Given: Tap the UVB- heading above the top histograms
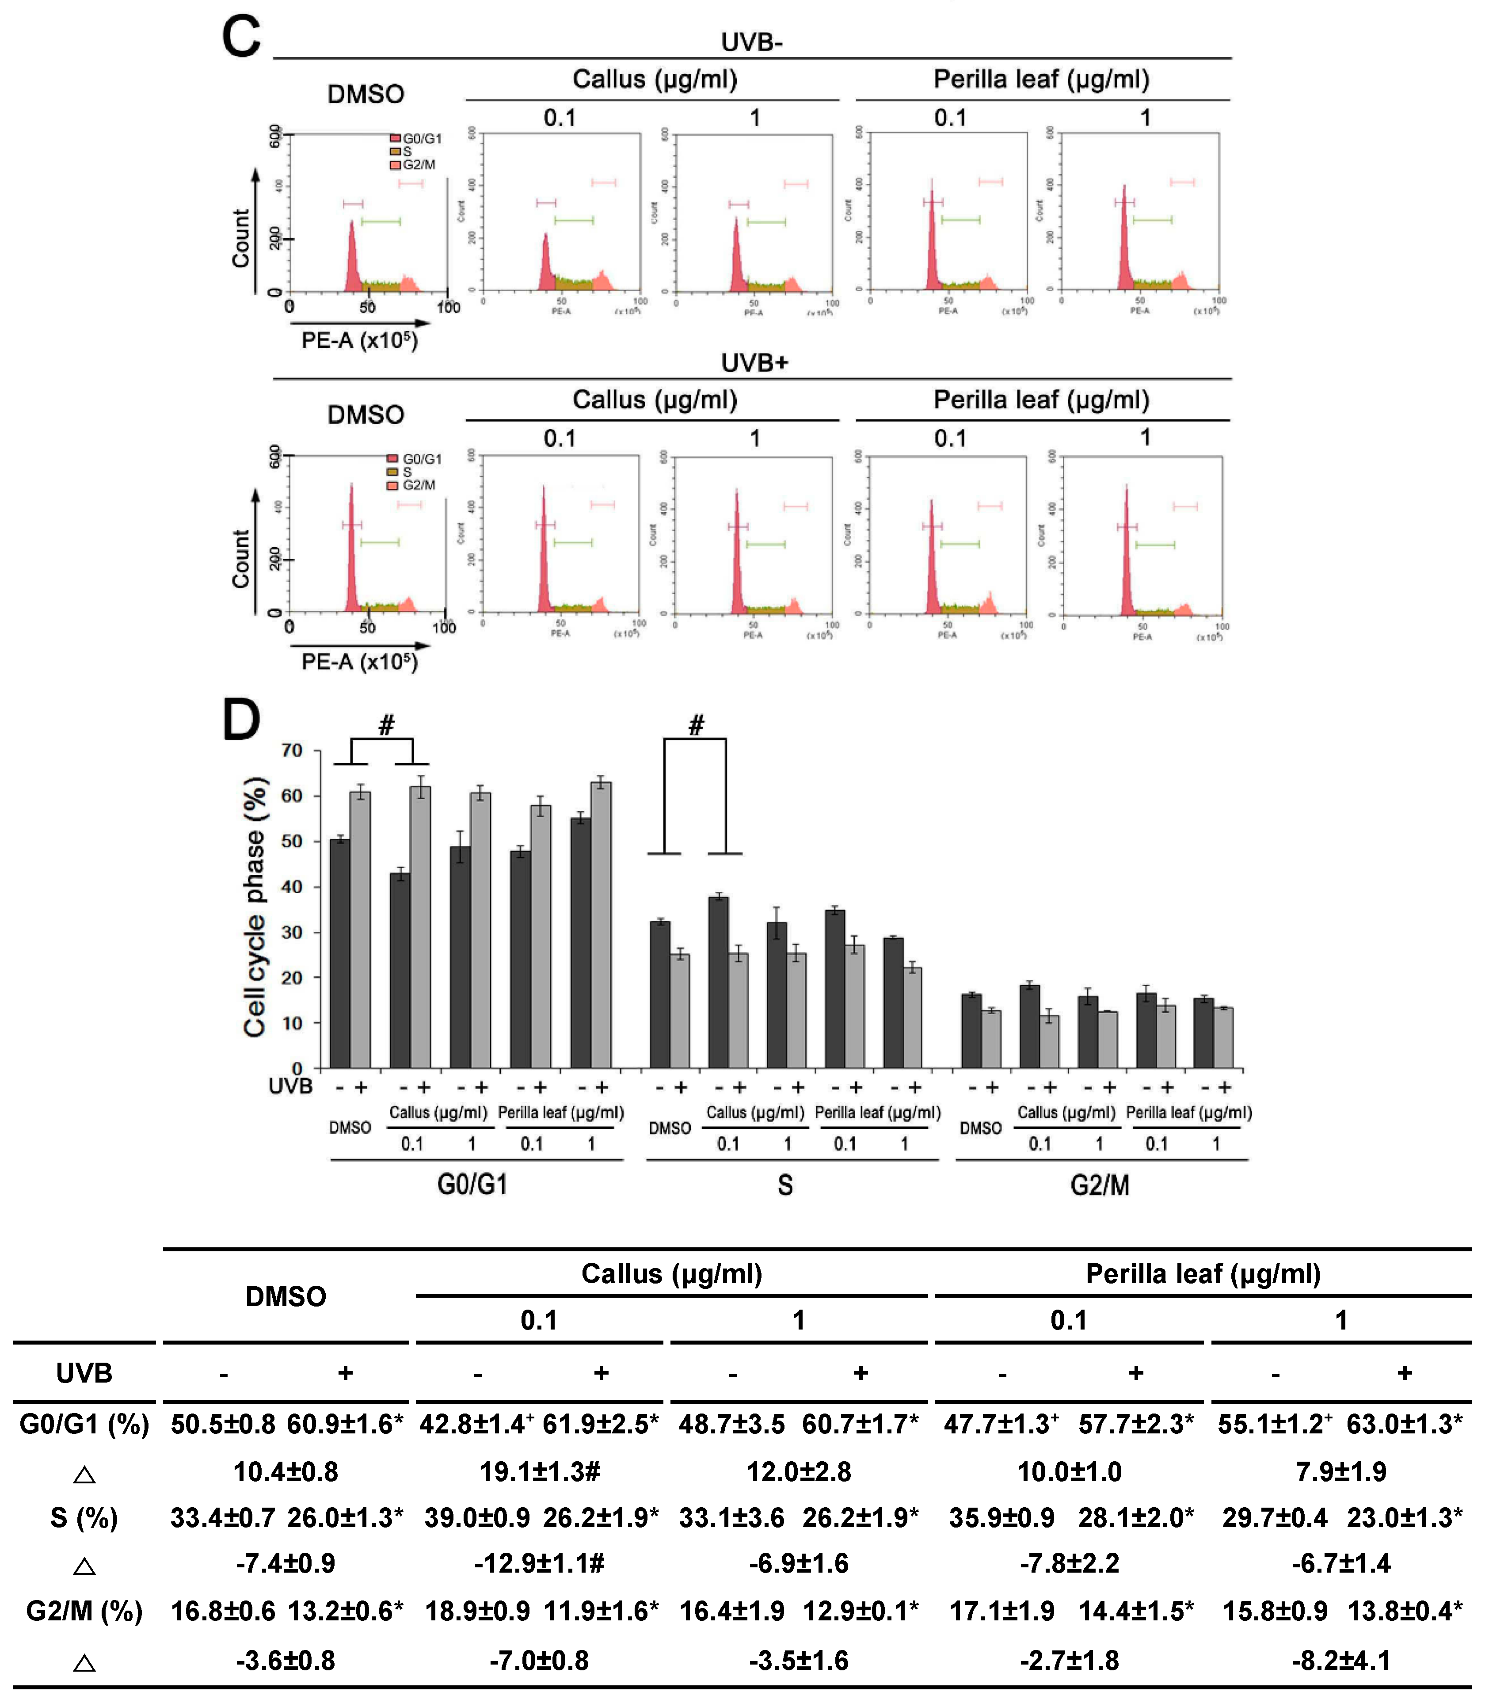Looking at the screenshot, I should point(752,42).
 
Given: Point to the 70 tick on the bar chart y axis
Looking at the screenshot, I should point(292,751).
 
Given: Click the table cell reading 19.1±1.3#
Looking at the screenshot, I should point(540,1472).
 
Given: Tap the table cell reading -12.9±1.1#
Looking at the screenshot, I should point(540,1564).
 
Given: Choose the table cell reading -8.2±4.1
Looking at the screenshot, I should point(1341,1661).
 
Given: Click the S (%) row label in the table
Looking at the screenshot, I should point(84,1518).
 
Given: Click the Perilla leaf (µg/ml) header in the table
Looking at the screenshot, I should point(1203,1274).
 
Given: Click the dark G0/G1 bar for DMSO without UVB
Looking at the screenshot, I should point(340,953).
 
